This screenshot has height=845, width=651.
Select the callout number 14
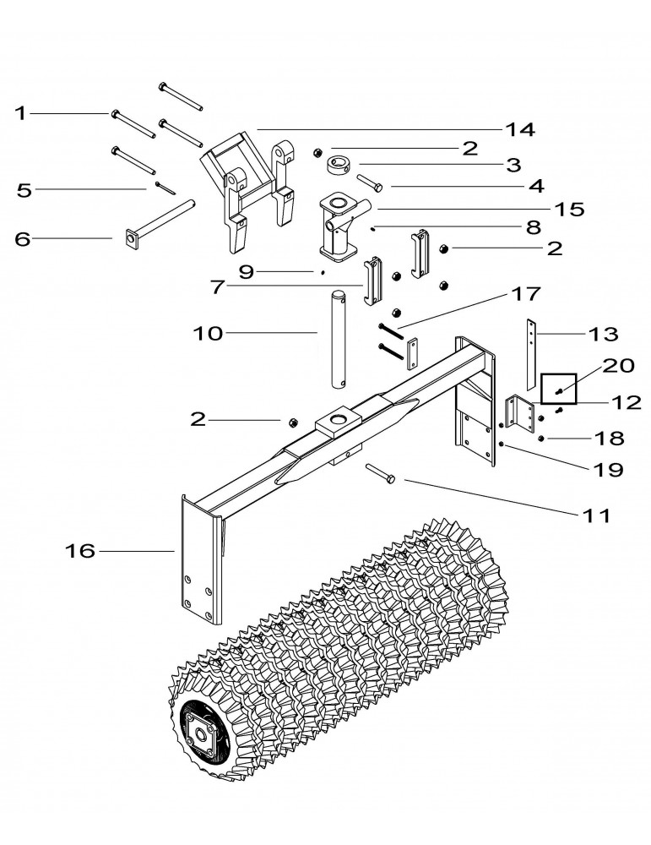521,129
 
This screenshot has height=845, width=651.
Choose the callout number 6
23,239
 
